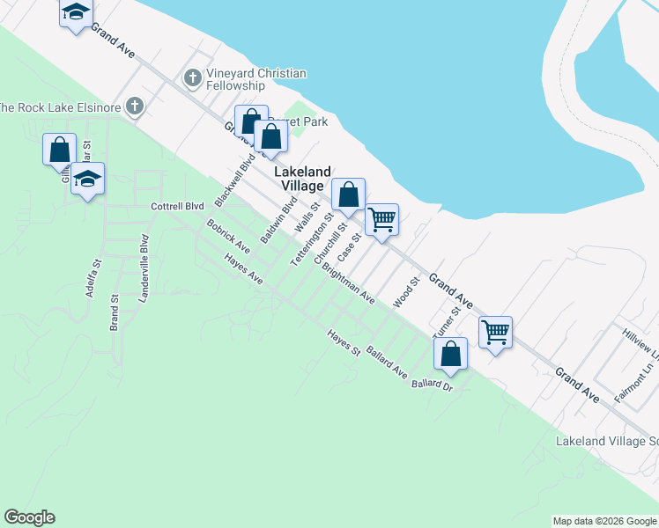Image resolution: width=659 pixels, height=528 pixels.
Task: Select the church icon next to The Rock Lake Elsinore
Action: (135, 107)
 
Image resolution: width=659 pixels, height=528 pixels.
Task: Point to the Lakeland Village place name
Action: (302, 179)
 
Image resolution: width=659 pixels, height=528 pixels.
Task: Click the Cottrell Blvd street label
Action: (177, 207)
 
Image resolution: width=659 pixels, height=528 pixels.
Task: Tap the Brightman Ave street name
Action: (348, 283)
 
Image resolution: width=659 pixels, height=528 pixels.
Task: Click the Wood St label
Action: (405, 294)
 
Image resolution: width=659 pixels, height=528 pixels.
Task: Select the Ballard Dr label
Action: (432, 385)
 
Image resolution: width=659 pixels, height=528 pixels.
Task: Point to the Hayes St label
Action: (344, 344)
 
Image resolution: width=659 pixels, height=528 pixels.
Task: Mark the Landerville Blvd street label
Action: (144, 268)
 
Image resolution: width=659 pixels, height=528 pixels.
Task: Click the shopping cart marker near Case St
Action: (382, 219)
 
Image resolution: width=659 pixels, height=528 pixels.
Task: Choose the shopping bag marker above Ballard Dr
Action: (451, 354)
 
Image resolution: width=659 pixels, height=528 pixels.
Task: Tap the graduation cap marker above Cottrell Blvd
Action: (87, 179)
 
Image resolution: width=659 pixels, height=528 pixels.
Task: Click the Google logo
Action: (29, 517)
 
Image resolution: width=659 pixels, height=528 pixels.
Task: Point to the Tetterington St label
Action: (314, 240)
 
